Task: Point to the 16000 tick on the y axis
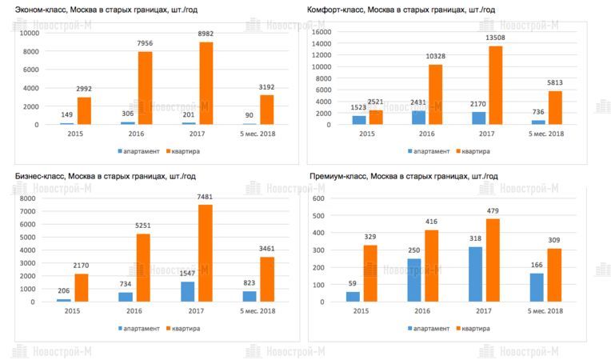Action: (321, 32)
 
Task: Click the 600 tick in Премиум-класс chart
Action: (318, 198)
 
